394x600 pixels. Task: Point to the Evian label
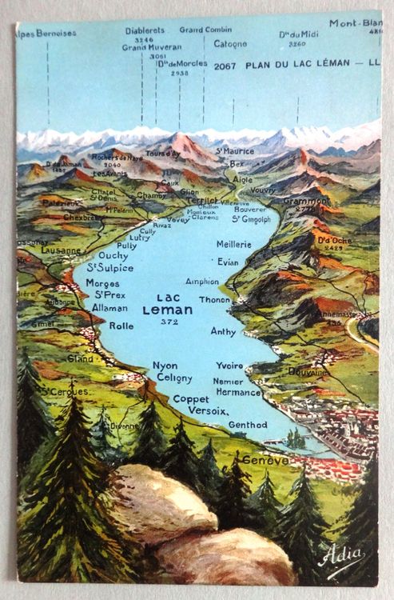[x=228, y=262]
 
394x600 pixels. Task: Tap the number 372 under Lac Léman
[x=168, y=322]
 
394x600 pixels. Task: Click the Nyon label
[x=165, y=366]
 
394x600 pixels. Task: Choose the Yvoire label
[x=229, y=366]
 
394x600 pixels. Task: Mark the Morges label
[x=103, y=283]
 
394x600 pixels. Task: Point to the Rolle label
[x=121, y=326]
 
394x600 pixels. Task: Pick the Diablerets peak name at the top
[x=145, y=30]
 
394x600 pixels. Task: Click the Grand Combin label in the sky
[x=205, y=30]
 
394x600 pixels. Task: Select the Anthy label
[x=223, y=330]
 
